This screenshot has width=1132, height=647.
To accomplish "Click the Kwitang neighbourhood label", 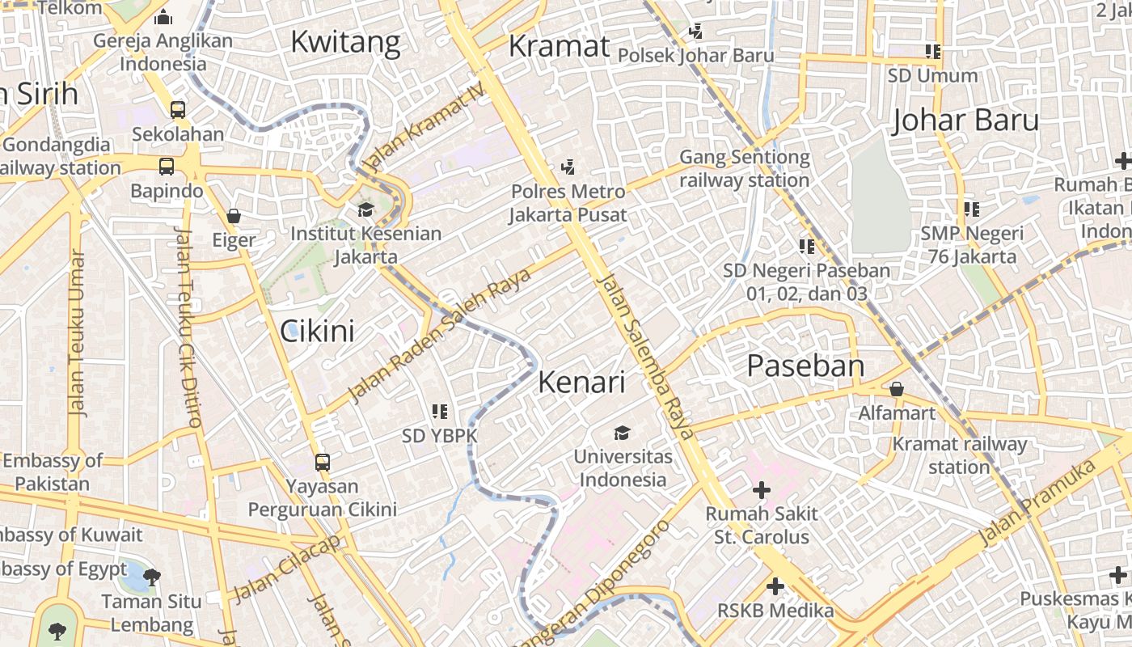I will [345, 42].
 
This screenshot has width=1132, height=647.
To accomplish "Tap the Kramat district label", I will [559, 46].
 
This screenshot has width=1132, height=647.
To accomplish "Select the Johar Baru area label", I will [965, 121].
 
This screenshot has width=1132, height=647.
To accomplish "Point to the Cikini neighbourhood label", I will [317, 330].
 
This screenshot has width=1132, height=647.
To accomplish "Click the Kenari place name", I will [581, 382].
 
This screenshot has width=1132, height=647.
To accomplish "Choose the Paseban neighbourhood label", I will [805, 366].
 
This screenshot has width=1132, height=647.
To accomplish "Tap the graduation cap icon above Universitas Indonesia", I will [622, 433].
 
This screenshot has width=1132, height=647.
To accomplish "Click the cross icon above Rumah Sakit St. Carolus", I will [761, 489].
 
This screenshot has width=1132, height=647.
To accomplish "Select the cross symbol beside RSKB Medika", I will [775, 586].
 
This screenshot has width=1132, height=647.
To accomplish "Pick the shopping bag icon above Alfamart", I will [896, 389].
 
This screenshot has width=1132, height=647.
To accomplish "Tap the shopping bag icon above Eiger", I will [234, 216].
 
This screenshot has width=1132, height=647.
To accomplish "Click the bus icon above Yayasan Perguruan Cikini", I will [322, 463].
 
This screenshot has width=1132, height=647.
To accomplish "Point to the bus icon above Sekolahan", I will [178, 110].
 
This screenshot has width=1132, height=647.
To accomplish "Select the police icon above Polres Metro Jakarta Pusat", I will [568, 167].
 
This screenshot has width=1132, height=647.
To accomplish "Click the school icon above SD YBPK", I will [440, 412].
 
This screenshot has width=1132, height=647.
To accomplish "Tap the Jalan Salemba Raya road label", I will [646, 357].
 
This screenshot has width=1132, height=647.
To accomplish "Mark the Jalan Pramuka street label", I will [1037, 502].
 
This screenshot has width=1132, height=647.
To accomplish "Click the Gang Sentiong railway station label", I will [744, 168].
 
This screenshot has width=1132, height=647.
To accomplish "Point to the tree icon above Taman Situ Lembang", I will [151, 577].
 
